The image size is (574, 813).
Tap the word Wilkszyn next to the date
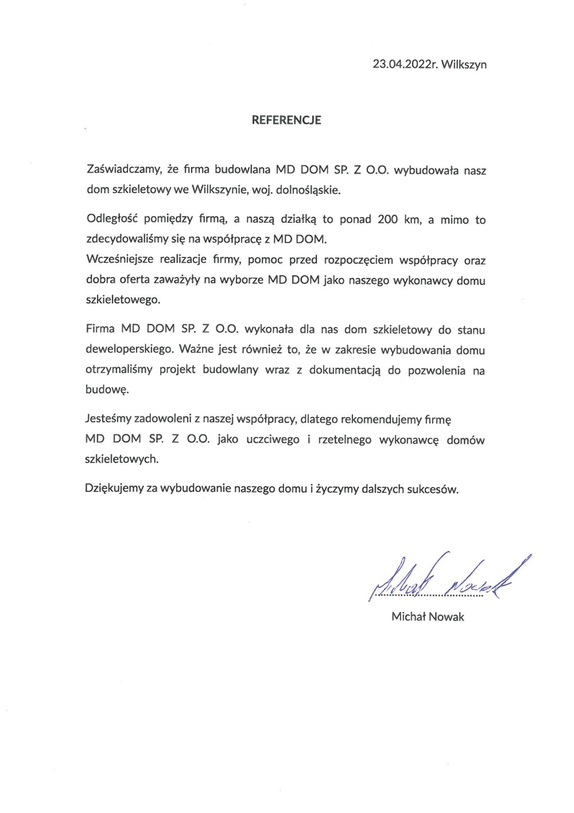coord(464,64)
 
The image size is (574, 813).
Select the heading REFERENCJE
coord(286,120)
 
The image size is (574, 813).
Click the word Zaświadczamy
coord(123,169)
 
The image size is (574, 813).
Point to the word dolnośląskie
coord(308,190)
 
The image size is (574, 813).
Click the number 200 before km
coord(387,219)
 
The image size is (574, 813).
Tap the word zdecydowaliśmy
coord(127,239)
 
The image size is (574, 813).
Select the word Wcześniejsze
coord(119,259)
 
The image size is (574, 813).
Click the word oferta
coord(134,280)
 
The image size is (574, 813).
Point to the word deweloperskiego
coord(129,349)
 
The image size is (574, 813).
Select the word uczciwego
coord(273,440)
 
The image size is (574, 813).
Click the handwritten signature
coord(448,577)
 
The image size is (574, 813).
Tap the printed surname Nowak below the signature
coord(446,617)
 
